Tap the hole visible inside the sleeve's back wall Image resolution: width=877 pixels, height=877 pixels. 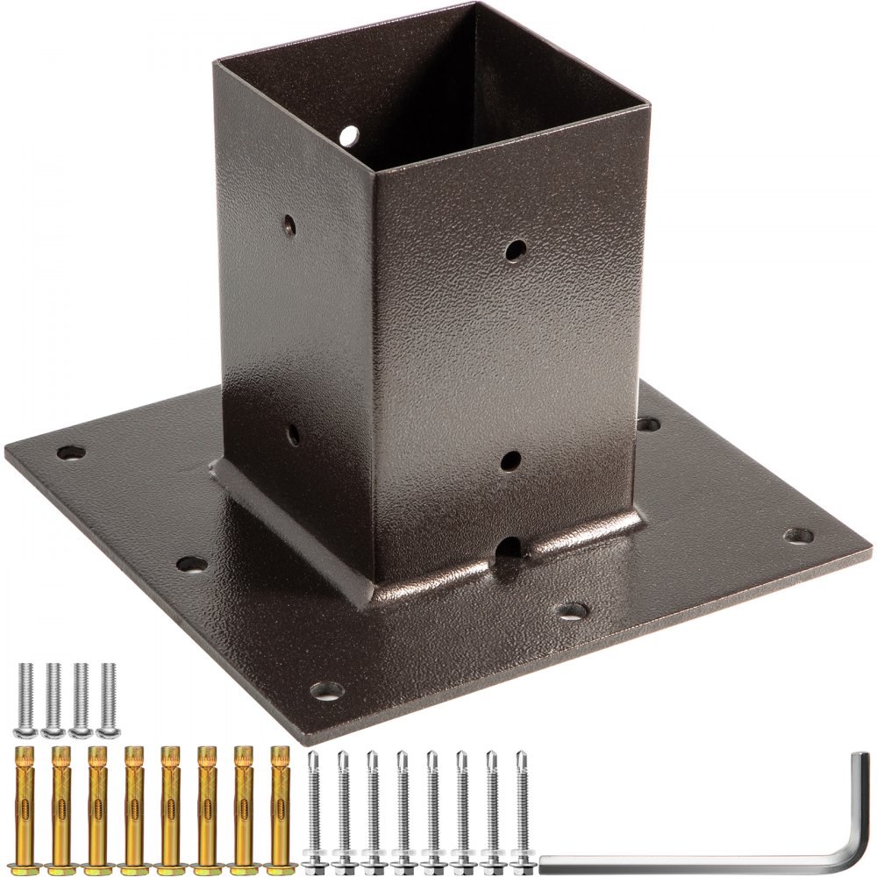[x=349, y=136]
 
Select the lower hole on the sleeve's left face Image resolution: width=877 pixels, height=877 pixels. [x=293, y=433]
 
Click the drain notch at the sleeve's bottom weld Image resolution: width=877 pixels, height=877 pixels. [x=509, y=549]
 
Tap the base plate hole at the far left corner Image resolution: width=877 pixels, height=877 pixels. [x=70, y=453]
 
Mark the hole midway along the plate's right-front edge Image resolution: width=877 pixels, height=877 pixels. [x=571, y=611]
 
